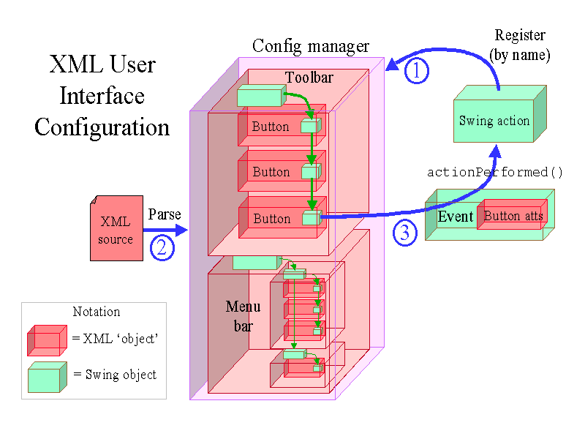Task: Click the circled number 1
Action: coord(417,71)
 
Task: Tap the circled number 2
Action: coord(162,247)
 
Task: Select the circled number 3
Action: coord(406,232)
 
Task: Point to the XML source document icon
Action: coord(116,228)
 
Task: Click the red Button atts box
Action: coord(513,215)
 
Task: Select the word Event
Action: coord(456,217)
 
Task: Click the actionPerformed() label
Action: coord(495,173)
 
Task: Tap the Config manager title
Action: coord(311,47)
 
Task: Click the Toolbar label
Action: coord(309,78)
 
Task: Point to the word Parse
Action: coord(165,215)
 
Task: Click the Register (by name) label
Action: coord(520,45)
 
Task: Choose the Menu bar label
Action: coord(243,316)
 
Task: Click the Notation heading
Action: coord(96,312)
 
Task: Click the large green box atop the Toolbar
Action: coord(260,97)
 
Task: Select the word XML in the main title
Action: coord(72,64)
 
